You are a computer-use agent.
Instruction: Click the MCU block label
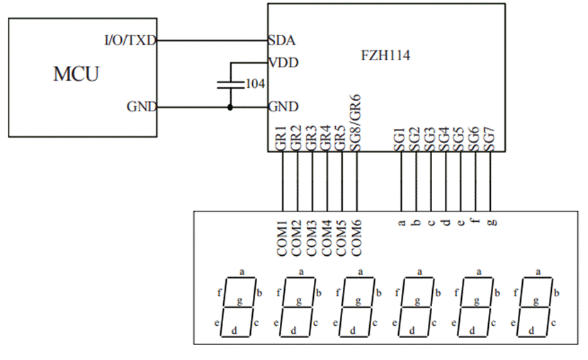point(76,74)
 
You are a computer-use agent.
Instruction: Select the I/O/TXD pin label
point(130,40)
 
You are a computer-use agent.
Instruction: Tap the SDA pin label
point(282,40)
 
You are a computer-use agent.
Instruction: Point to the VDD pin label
point(283,62)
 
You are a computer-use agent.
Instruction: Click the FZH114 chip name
point(385,55)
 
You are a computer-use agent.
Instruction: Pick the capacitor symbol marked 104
point(230,85)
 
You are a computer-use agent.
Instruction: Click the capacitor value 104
point(255,84)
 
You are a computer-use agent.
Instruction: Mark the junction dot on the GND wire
point(230,108)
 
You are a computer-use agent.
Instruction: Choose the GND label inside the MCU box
point(142,107)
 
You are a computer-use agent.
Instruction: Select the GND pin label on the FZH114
point(283,107)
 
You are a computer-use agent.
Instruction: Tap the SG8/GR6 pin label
point(355,123)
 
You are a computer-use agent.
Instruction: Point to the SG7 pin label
point(490,140)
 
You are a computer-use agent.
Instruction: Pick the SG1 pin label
point(400,140)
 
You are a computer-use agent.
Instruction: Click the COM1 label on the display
point(282,238)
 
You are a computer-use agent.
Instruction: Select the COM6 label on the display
point(356,238)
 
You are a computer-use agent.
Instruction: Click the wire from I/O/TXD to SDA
point(213,40)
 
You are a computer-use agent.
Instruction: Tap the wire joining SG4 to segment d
point(446,181)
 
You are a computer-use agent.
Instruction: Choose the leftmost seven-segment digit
point(238,307)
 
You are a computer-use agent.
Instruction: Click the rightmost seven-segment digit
point(534,307)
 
